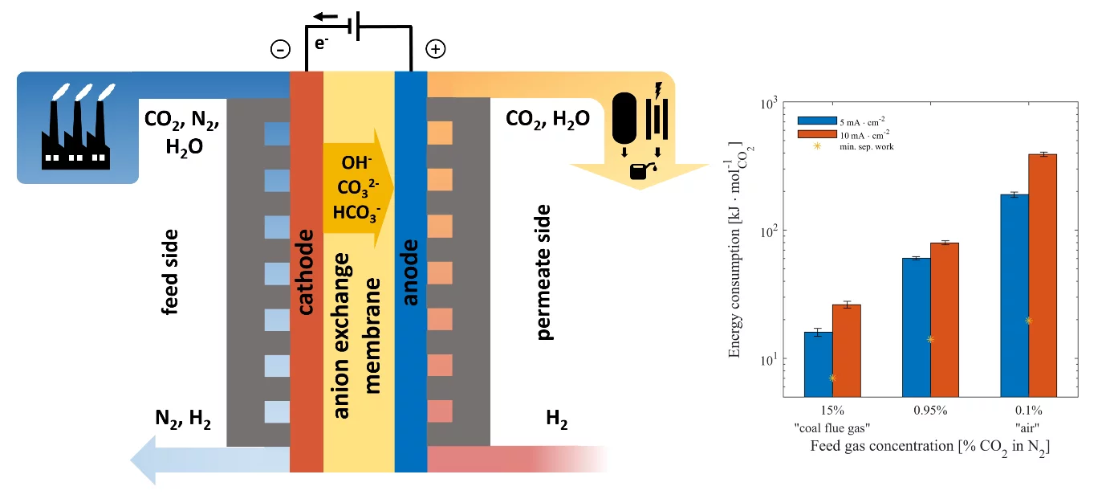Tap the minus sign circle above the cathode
tap(280, 50)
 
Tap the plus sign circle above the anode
tap(435, 50)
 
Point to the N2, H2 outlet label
tap(183, 419)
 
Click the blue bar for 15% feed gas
tap(818, 363)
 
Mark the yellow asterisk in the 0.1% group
tap(1028, 321)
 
